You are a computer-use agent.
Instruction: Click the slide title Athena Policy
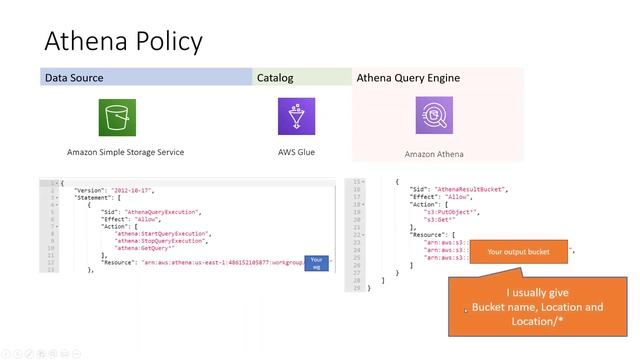point(123,41)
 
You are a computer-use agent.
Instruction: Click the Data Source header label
point(74,77)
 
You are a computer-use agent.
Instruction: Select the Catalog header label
point(275,77)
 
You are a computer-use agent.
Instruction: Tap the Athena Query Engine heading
point(408,77)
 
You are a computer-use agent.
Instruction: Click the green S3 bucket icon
point(117,117)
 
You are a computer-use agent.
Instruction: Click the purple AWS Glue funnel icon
point(296,117)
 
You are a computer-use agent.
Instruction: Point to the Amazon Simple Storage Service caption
point(125,153)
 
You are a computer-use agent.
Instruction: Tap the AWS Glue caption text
point(296,153)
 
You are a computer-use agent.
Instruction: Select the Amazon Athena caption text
point(434,154)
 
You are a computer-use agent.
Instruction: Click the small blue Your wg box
point(316,263)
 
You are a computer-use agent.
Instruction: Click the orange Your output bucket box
point(518,252)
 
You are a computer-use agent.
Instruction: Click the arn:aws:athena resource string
point(220,263)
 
